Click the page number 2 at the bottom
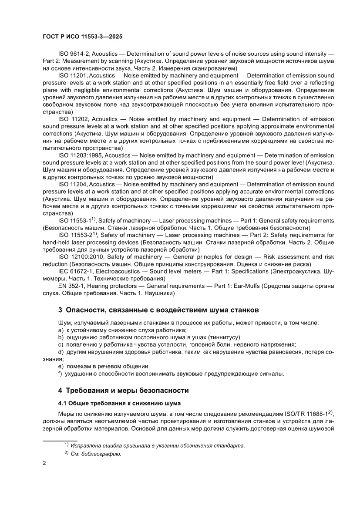pos(44,463)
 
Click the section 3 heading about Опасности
pos(158,310)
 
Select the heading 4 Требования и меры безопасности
pos(124,390)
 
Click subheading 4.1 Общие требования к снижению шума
pos(119,403)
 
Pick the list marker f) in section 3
pos(61,374)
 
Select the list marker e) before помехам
pos(61,367)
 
